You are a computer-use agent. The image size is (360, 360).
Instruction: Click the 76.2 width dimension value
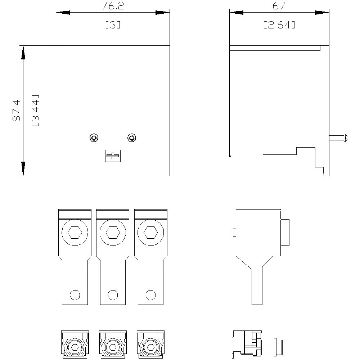(113, 6)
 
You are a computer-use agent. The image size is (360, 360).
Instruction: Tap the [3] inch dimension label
(113, 25)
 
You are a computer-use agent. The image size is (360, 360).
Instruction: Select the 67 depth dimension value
(279, 6)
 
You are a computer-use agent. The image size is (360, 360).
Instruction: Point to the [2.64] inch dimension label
(279, 25)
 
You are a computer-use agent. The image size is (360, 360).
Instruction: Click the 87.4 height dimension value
(17, 111)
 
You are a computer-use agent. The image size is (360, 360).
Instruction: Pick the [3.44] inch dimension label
(35, 111)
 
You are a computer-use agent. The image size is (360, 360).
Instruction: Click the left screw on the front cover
(94, 138)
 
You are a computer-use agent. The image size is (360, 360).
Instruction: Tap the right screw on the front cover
(131, 138)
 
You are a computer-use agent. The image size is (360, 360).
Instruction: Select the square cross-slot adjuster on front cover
(113, 156)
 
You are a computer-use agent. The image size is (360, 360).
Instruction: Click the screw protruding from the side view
(338, 138)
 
